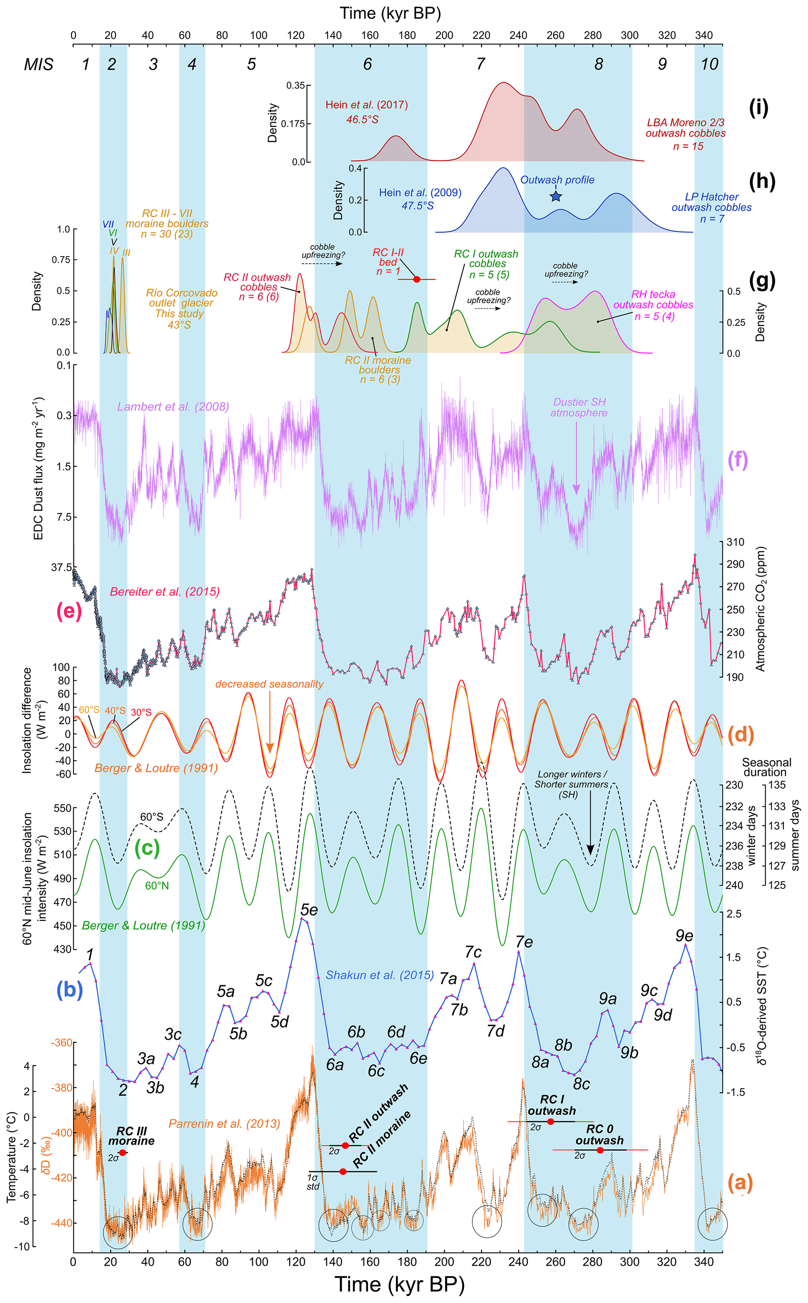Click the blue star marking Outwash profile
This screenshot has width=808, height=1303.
(x=556, y=196)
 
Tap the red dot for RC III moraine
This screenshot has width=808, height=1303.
(x=123, y=1153)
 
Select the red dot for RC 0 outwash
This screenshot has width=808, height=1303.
(x=600, y=1150)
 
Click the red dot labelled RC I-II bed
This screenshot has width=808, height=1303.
(x=417, y=279)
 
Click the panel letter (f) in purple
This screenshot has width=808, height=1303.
(x=738, y=459)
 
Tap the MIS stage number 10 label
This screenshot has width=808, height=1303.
(x=709, y=64)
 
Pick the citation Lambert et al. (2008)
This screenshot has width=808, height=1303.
(x=173, y=407)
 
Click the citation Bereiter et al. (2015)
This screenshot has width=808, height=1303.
(x=165, y=592)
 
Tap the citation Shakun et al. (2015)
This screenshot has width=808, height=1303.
(x=380, y=975)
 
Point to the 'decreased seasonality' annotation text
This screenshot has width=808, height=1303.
(x=269, y=684)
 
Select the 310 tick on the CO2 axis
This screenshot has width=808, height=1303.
(x=735, y=542)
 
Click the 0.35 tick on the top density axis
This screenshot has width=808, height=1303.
(x=296, y=86)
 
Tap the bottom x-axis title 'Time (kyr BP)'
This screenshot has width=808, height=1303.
(x=400, y=1284)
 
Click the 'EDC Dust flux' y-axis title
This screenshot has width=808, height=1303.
(x=38, y=468)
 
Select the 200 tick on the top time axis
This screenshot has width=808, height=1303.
(x=444, y=35)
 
